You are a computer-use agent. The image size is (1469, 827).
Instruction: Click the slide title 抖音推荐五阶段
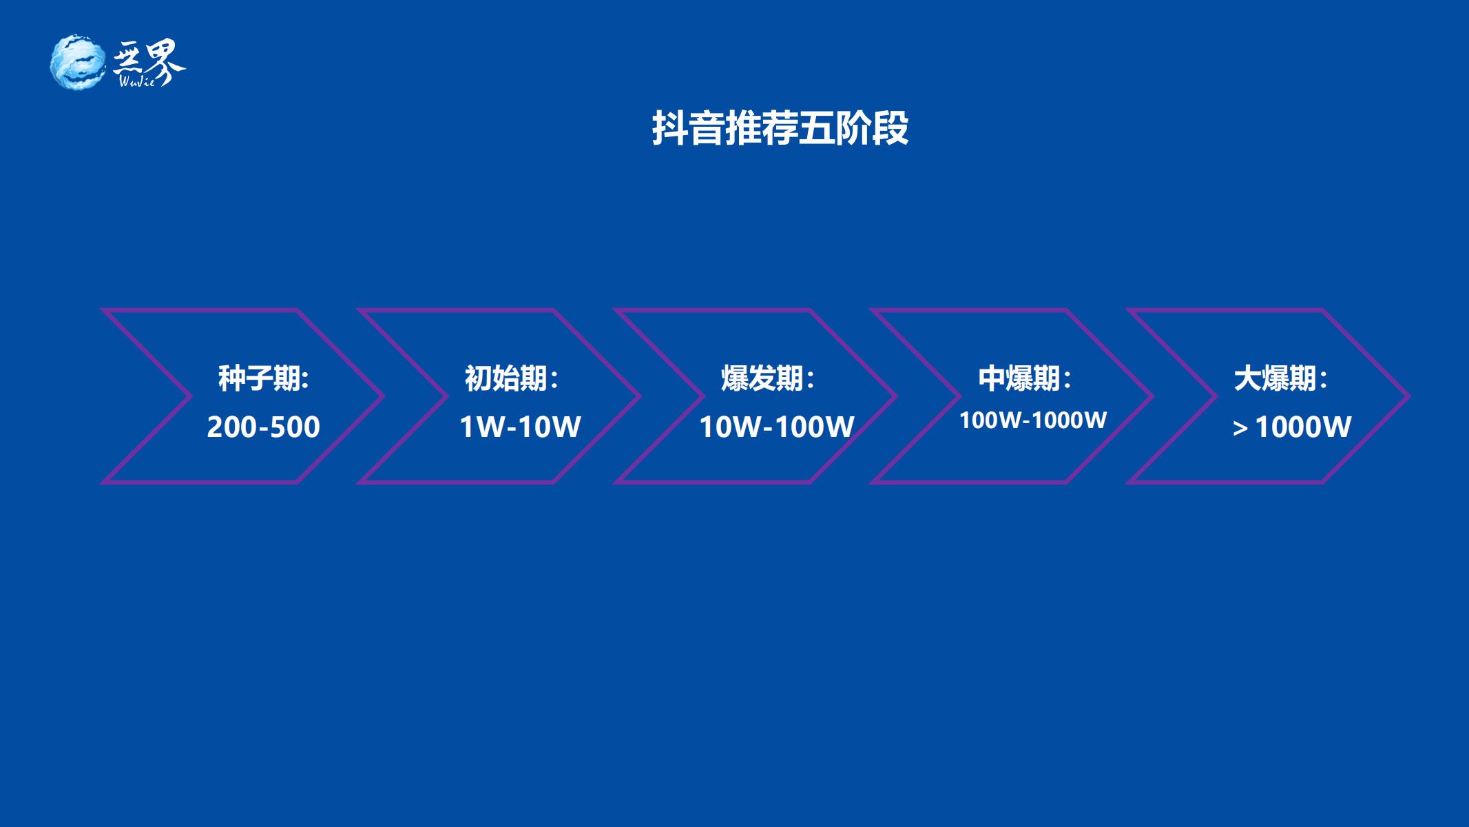coord(780,128)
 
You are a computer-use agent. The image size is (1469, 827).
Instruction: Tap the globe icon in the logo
coord(79,62)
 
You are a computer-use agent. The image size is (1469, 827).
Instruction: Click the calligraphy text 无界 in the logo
coord(149,61)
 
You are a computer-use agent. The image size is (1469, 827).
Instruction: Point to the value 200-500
coord(264,427)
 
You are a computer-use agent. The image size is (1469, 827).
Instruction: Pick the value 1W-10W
coord(520,427)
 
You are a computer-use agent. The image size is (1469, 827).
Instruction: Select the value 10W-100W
coord(777,427)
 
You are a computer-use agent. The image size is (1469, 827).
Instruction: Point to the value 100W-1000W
coord(1033,420)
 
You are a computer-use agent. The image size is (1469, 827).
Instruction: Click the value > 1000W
coord(1292,427)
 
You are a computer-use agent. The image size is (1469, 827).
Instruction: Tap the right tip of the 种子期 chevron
coord(383,396)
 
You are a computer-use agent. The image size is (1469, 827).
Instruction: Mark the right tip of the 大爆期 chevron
coord(1408,396)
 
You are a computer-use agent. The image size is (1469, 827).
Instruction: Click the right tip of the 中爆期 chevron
coord(1152,396)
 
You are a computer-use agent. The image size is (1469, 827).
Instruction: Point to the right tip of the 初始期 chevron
coord(639,396)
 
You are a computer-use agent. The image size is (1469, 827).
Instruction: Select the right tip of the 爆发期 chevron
coord(896,396)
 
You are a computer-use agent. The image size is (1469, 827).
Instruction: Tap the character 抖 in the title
coord(669,128)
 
